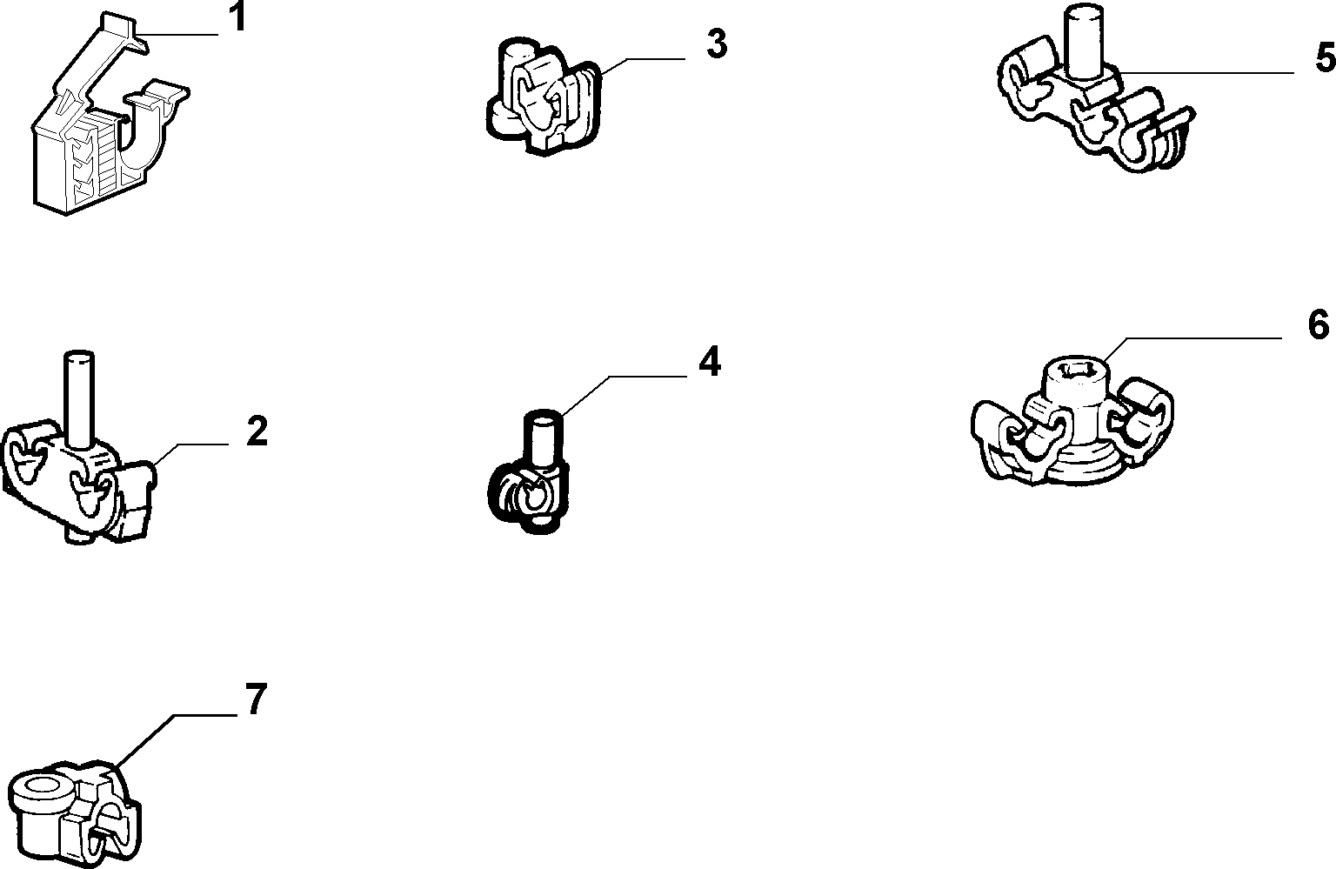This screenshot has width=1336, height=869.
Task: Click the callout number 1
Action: point(237,18)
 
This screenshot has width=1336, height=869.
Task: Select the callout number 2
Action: point(257,431)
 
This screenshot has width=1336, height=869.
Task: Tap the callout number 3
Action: point(717,44)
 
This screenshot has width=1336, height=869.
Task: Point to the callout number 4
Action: point(709,362)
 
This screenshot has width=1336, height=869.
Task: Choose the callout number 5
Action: point(1326,58)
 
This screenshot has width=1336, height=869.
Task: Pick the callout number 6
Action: point(1319,324)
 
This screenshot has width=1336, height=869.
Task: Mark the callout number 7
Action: point(255,699)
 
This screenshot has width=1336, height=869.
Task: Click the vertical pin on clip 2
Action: point(79,399)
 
